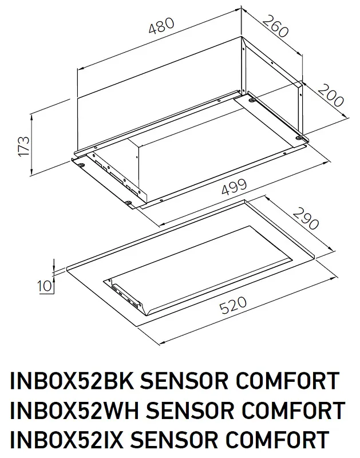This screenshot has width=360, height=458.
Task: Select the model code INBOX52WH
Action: click(x=72, y=410)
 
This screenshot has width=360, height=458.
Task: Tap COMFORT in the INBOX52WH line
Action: click(x=298, y=410)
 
